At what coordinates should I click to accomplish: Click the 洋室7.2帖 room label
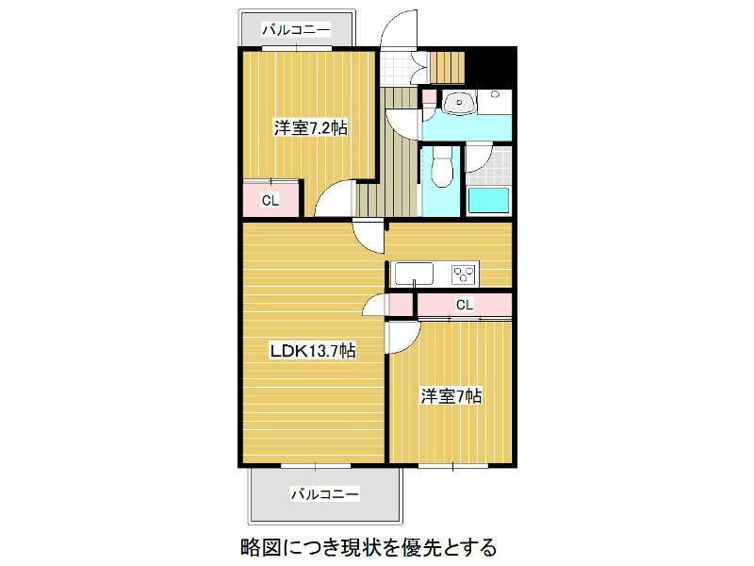point(311,127)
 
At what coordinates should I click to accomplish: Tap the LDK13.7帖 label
point(312,351)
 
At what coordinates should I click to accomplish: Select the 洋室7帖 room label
point(451,396)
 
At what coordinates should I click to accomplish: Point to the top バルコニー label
point(296,30)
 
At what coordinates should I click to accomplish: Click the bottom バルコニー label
point(324,493)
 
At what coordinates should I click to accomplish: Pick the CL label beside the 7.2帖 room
point(270,200)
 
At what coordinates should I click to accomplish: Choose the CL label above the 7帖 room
point(464,305)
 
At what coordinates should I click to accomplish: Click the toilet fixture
point(440,170)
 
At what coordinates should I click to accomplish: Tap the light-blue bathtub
point(489,200)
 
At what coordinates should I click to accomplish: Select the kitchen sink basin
point(413,274)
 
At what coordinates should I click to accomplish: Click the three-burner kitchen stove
point(464,274)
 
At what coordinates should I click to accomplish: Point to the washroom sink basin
point(458,103)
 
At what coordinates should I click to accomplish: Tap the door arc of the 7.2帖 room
point(335,200)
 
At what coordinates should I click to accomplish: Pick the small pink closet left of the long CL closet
point(401,305)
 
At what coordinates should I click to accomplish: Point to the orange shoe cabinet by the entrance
point(449,65)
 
